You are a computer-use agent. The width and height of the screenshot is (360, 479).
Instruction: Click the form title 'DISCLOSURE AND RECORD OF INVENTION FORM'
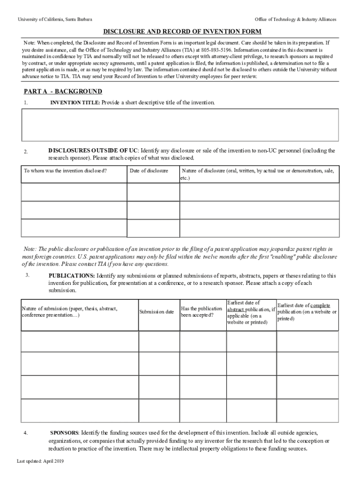click(x=182, y=32)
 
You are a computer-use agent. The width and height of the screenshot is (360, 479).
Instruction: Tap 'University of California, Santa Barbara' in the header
click(x=55, y=19)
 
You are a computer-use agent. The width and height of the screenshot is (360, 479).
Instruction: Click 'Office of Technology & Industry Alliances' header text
click(x=295, y=19)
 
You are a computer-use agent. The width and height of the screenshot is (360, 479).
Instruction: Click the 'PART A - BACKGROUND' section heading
click(x=63, y=91)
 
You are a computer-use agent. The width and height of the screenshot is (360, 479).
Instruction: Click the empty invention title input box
click(x=180, y=125)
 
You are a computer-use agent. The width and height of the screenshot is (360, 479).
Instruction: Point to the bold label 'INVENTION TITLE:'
click(x=75, y=102)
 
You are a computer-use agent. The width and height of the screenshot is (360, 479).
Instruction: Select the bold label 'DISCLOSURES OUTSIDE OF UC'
click(x=93, y=151)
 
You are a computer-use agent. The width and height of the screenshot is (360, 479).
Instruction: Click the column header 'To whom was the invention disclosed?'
click(x=65, y=171)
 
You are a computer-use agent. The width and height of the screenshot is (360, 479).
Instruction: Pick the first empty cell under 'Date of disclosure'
click(x=153, y=192)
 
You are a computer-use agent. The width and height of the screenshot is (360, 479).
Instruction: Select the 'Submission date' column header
click(x=156, y=312)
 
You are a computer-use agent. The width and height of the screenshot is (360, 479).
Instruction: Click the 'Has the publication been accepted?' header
click(x=202, y=312)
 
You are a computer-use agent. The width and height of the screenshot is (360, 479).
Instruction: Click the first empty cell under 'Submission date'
click(x=159, y=341)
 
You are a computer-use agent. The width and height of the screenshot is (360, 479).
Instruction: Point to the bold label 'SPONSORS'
click(x=65, y=433)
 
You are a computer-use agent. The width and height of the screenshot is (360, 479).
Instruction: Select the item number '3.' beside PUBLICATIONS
click(x=28, y=275)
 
